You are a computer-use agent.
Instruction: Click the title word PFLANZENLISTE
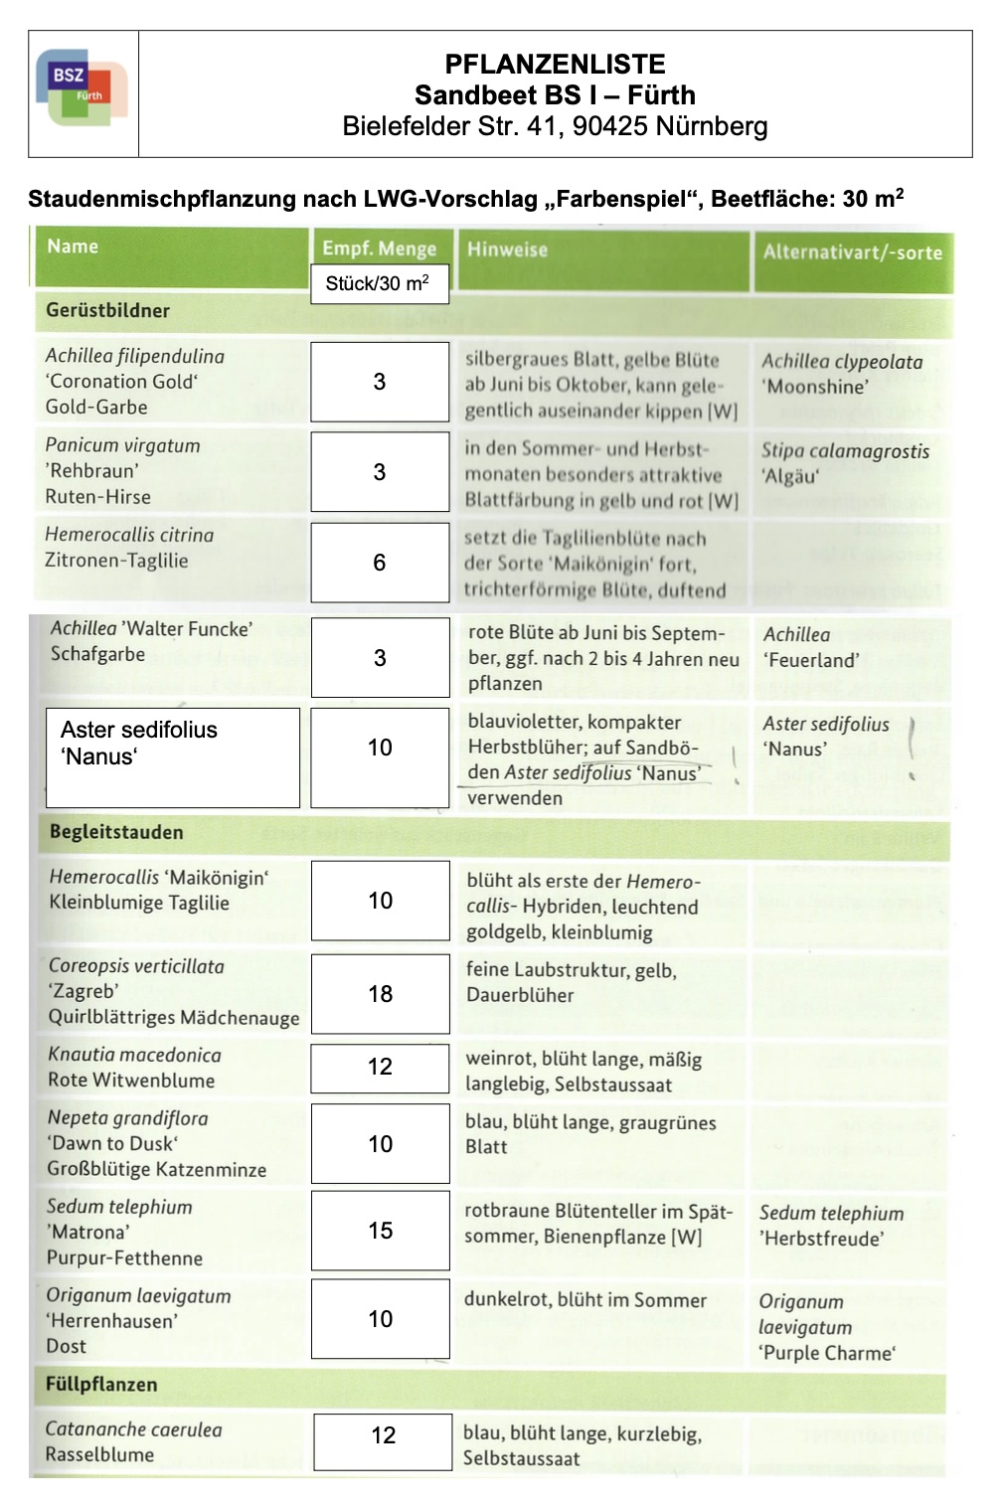tap(555, 65)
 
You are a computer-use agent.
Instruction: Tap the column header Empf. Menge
tap(379, 249)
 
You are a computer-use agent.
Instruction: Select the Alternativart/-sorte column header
tap(852, 252)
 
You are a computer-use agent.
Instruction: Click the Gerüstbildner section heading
tap(107, 310)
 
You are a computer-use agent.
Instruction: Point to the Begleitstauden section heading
tap(116, 832)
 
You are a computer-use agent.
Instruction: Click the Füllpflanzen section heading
tap(101, 1384)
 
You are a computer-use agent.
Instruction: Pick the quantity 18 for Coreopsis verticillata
tap(380, 994)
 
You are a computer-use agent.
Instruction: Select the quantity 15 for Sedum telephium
tap(380, 1231)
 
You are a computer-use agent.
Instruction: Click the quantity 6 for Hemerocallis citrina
tap(379, 563)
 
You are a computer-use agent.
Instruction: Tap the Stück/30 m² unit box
tap(378, 283)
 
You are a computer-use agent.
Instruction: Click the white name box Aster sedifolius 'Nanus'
tap(172, 756)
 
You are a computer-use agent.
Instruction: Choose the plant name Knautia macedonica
tap(134, 1055)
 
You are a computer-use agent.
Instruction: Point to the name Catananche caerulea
tap(133, 1429)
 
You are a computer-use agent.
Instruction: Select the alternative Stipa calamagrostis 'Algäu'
tap(845, 463)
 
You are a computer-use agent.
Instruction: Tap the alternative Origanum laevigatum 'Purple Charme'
tap(827, 1327)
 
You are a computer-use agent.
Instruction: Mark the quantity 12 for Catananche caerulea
tap(383, 1435)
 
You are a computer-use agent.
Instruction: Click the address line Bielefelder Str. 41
tap(555, 126)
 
